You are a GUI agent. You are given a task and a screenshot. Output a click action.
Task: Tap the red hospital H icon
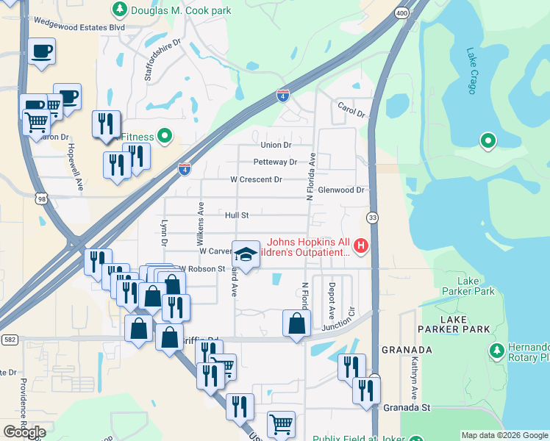(360, 245)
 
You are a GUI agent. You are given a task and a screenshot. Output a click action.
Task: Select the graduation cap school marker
(246, 254)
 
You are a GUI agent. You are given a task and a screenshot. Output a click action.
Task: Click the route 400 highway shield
(400, 13)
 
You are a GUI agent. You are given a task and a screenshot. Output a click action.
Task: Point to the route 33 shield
(373, 218)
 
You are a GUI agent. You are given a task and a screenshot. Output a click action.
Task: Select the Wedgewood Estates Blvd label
(72, 27)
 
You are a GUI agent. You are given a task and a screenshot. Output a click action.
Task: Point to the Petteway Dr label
(274, 162)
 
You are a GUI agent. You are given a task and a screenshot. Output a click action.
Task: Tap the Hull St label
(237, 215)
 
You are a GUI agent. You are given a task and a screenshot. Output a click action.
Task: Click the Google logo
(24, 432)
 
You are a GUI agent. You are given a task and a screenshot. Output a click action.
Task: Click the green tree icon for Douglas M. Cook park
(119, 10)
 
